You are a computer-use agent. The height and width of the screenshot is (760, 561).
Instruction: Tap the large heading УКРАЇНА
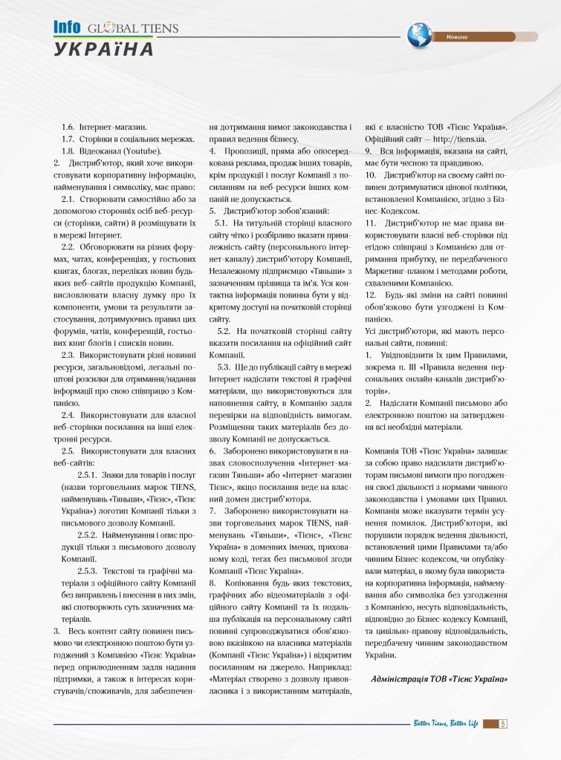click(x=103, y=49)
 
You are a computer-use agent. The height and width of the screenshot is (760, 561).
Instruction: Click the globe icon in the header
click(x=420, y=33)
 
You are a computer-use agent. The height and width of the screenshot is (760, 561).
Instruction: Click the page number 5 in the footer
click(x=503, y=724)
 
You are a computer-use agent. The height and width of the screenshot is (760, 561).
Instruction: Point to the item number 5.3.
click(x=224, y=366)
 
